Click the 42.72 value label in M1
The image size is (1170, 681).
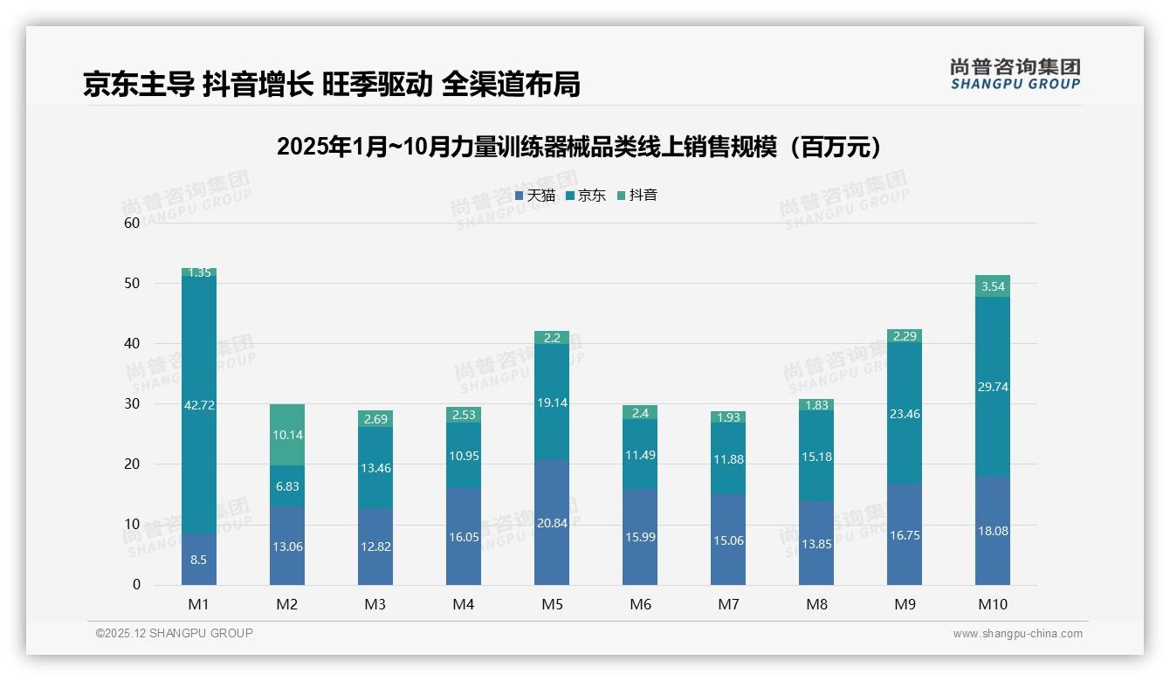(x=199, y=404)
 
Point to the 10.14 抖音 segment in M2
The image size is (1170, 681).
(x=287, y=435)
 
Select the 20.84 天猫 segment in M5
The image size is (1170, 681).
(x=552, y=522)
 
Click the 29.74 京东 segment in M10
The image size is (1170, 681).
(x=993, y=387)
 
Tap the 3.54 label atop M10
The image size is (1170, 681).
(x=993, y=286)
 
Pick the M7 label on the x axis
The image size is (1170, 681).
(x=728, y=604)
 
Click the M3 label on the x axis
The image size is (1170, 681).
(x=375, y=604)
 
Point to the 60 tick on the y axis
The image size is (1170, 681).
(x=133, y=223)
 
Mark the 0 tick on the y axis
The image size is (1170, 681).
(x=136, y=585)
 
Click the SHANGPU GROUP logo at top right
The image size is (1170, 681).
(x=1015, y=74)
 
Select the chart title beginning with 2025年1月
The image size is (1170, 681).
(x=578, y=147)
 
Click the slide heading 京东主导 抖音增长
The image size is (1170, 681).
(x=331, y=84)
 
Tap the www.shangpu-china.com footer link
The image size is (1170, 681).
(x=1017, y=634)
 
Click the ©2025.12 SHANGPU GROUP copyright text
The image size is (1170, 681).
(x=175, y=633)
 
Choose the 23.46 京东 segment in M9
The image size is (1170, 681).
(x=905, y=415)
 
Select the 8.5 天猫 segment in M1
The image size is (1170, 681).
(x=199, y=560)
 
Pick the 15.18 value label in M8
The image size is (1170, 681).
(x=816, y=456)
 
